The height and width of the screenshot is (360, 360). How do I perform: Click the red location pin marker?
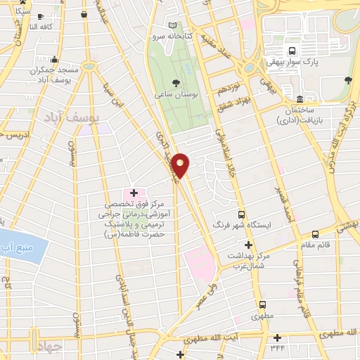[x=181, y=165]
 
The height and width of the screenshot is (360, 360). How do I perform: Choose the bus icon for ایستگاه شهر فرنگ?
[x=242, y=214]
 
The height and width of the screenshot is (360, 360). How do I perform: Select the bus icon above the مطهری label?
[x=262, y=304]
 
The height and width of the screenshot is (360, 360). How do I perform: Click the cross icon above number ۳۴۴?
[x=278, y=337]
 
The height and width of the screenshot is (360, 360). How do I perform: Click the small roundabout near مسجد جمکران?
[x=89, y=66]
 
